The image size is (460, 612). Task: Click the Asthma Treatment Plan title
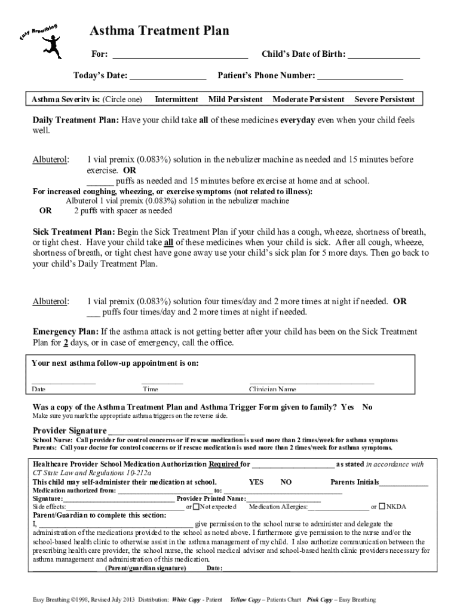pyautogui.click(x=159, y=31)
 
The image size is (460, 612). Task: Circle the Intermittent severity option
pyautogui.click(x=176, y=99)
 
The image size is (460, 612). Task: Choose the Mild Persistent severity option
pyautogui.click(x=235, y=99)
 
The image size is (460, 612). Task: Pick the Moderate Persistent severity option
pyautogui.click(x=308, y=99)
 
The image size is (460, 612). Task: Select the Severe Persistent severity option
pyautogui.click(x=384, y=99)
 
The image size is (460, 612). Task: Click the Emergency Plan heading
pyautogui.click(x=65, y=332)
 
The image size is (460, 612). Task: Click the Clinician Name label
pyautogui.click(x=272, y=390)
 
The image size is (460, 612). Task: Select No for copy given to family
pyautogui.click(x=367, y=407)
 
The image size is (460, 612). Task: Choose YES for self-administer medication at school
pyautogui.click(x=256, y=482)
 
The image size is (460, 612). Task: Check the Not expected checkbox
pyautogui.click(x=197, y=507)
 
